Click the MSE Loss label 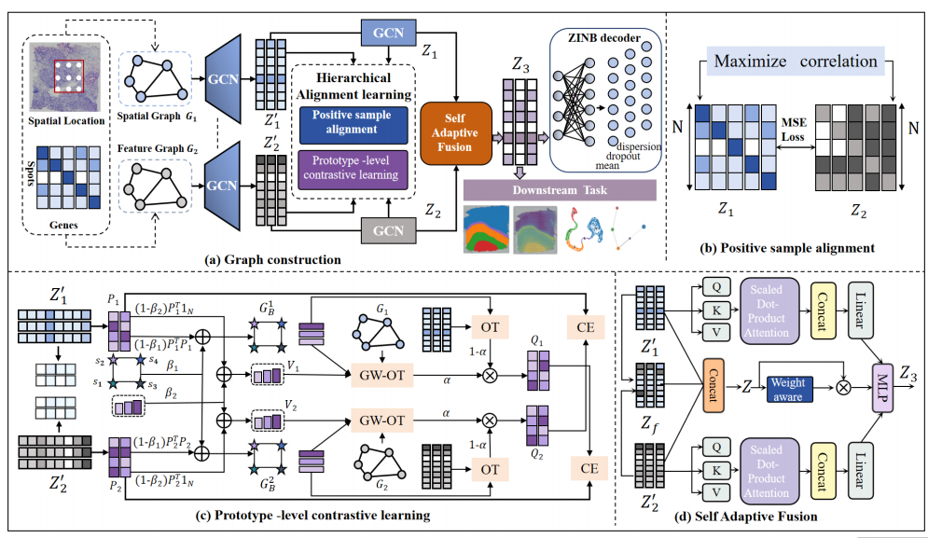(795, 131)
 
